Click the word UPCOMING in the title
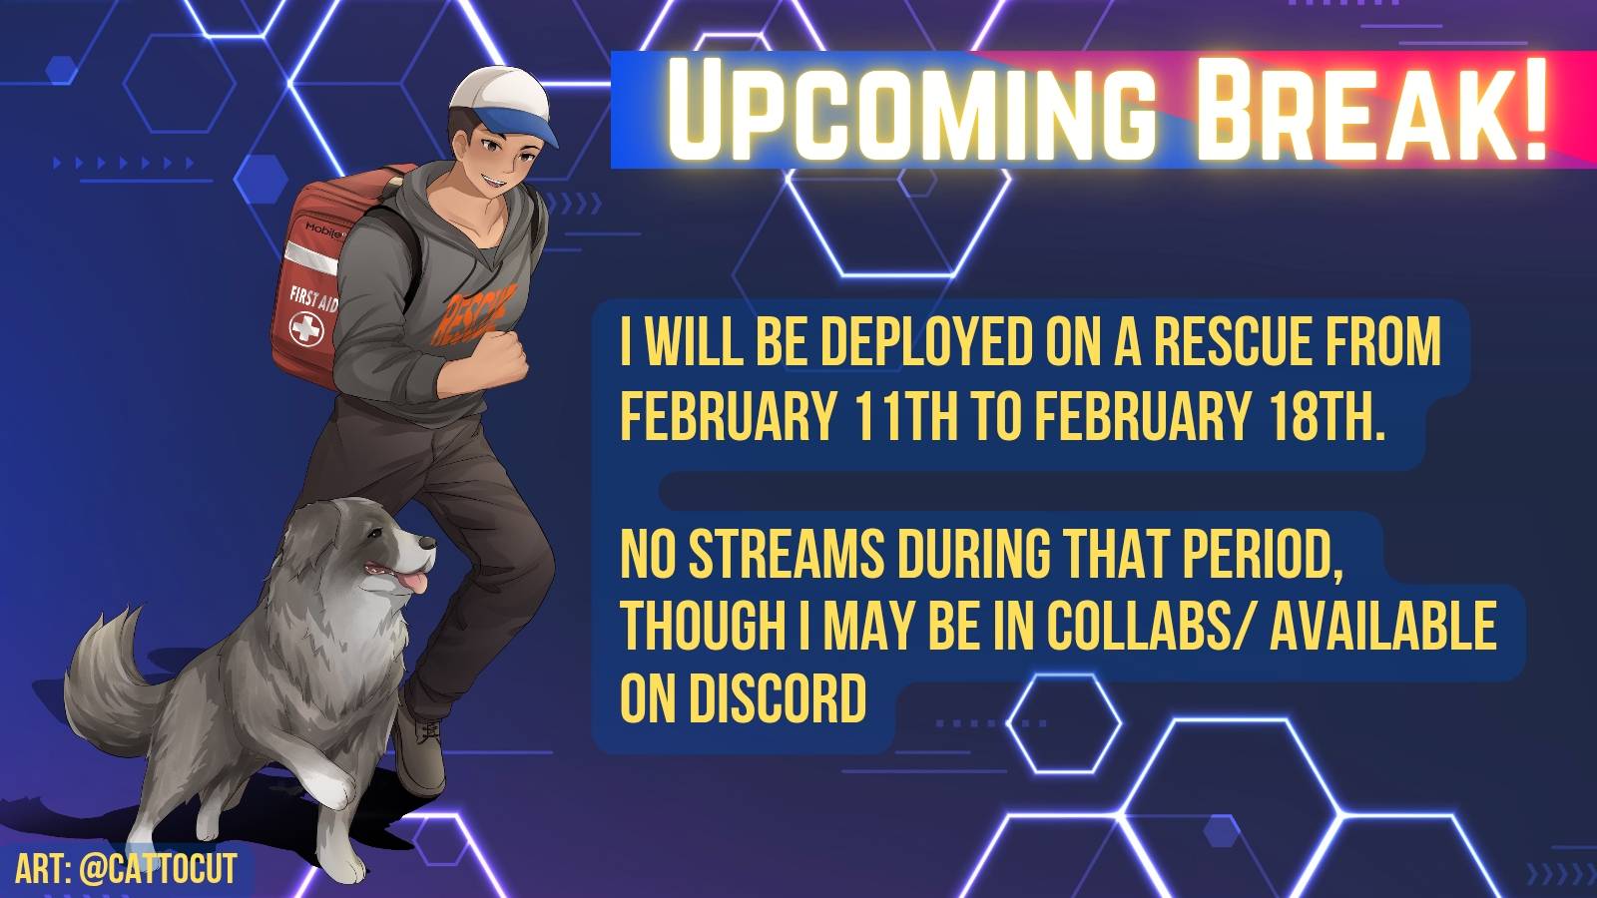(910, 110)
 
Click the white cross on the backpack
(306, 329)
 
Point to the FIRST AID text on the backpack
(313, 298)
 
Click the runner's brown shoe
(419, 748)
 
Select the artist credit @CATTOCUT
(158, 868)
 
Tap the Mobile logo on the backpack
(325, 230)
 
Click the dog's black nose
(428, 543)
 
